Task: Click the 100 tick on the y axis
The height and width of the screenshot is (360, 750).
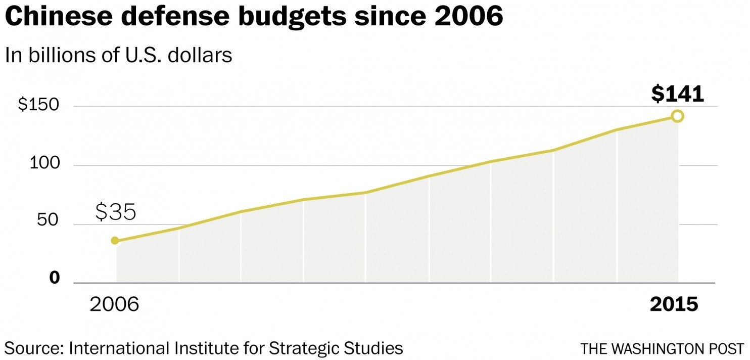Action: coord(45,165)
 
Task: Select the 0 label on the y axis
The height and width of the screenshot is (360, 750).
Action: coord(55,278)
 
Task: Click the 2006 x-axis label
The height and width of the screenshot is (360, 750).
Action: coord(114,304)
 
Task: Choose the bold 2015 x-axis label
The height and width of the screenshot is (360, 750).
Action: coord(674,304)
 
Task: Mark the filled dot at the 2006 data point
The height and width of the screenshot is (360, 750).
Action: coord(115,241)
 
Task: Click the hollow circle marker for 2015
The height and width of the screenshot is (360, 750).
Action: coord(678,116)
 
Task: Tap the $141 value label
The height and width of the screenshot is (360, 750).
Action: coord(677,94)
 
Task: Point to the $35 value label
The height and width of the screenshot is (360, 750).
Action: coord(116,213)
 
